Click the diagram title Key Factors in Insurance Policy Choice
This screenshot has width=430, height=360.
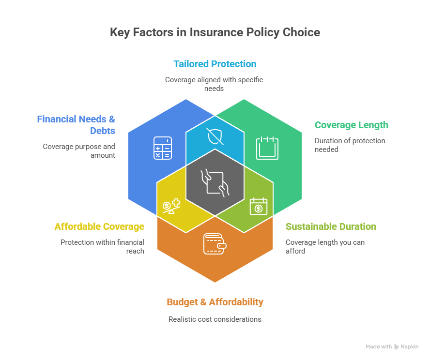coord(215,32)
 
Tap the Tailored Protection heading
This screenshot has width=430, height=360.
coord(215,64)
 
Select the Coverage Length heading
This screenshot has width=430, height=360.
coord(351,125)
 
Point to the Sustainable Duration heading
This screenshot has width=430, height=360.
coord(331,226)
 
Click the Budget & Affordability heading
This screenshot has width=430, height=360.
coord(215,302)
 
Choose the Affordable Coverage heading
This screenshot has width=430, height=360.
coord(99,226)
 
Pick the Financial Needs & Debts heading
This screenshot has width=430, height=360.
coord(77,124)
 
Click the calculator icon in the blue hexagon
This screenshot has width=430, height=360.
coord(162,148)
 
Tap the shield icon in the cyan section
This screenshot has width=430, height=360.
coord(215,136)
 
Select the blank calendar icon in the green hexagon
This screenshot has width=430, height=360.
coord(267,147)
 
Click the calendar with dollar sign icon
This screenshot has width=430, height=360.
coord(258,206)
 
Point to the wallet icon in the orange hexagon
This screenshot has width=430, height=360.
coord(215,244)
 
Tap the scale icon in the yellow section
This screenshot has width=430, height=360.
coord(171,206)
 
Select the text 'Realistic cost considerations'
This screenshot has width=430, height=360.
coord(215,319)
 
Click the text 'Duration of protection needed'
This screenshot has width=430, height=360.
coord(350,145)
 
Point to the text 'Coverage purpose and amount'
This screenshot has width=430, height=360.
coord(79,150)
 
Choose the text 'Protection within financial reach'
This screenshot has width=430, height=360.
coord(102,246)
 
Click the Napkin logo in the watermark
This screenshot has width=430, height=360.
coord(406,347)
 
